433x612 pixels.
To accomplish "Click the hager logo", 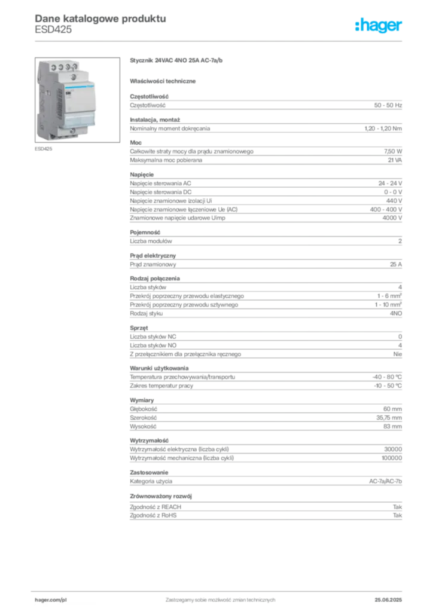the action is (379, 25).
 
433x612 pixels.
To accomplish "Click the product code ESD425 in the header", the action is (53, 30).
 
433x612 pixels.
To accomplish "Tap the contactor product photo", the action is (77, 100).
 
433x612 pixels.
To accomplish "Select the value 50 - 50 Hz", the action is (388, 105).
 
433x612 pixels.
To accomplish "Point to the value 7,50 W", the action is (393, 151).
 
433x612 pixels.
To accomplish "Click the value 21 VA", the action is (395, 160).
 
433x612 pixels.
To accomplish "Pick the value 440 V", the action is (394, 201).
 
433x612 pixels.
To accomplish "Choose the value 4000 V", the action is (392, 218).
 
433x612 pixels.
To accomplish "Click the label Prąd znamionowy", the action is (153, 264).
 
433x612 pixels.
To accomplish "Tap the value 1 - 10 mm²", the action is (388, 304).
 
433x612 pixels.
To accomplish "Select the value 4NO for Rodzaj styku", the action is (396, 313).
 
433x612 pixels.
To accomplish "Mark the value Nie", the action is (398, 354).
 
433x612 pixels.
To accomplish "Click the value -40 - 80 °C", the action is (387, 377).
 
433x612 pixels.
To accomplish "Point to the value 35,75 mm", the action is (389, 418).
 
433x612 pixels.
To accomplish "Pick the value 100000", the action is (392, 458).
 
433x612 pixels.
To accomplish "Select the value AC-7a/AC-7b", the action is (385, 481).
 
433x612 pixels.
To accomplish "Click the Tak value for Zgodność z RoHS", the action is (398, 515).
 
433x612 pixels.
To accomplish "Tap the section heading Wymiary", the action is (142, 400).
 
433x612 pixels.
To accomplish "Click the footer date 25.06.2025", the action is (388, 600).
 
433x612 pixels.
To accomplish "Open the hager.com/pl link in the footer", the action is (51, 600).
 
